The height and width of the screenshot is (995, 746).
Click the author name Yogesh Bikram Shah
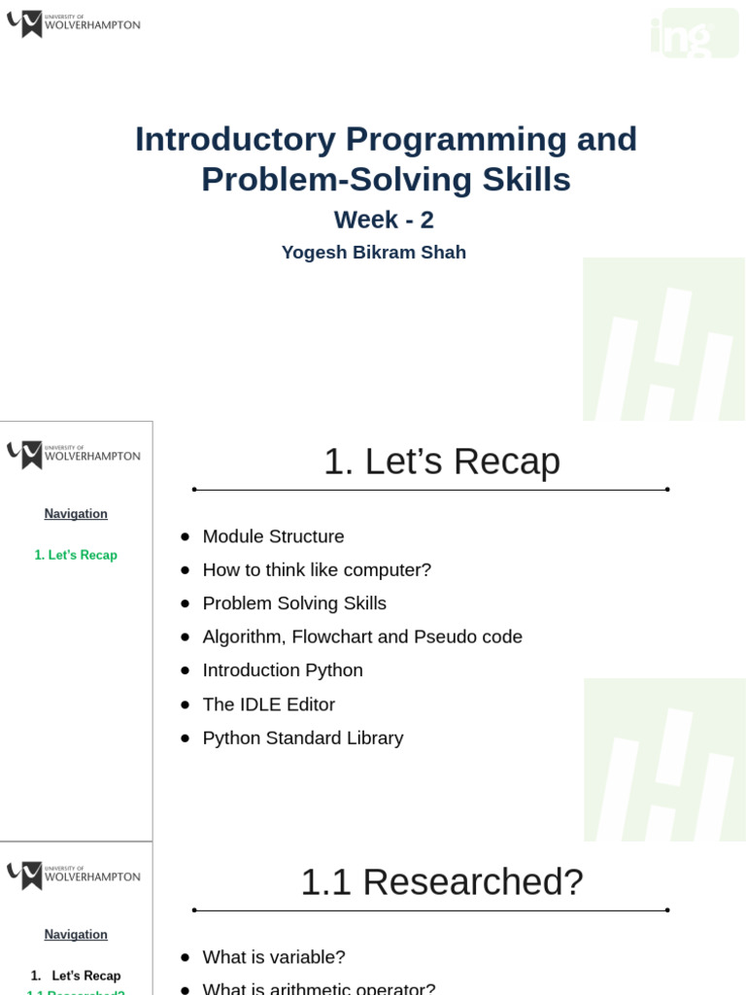(373, 253)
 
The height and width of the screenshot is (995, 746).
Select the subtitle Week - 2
(384, 220)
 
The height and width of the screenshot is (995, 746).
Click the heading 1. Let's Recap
(441, 462)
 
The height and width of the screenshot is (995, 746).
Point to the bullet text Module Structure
(273, 536)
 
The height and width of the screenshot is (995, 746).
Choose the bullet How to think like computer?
(317, 570)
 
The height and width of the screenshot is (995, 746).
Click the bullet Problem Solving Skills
(294, 603)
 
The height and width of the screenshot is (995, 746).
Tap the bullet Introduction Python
(283, 670)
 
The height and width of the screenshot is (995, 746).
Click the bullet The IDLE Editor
(268, 704)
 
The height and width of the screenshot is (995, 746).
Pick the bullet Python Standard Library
(302, 738)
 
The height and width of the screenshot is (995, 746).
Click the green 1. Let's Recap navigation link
(76, 556)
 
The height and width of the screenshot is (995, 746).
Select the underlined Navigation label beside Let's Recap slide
(76, 514)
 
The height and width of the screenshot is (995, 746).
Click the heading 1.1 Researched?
(441, 882)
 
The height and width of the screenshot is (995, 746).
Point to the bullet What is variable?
(274, 957)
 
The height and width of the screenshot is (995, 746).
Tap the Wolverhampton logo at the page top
(73, 23)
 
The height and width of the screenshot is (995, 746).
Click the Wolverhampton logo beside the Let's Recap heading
(73, 454)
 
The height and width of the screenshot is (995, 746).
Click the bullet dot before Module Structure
(185, 536)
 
